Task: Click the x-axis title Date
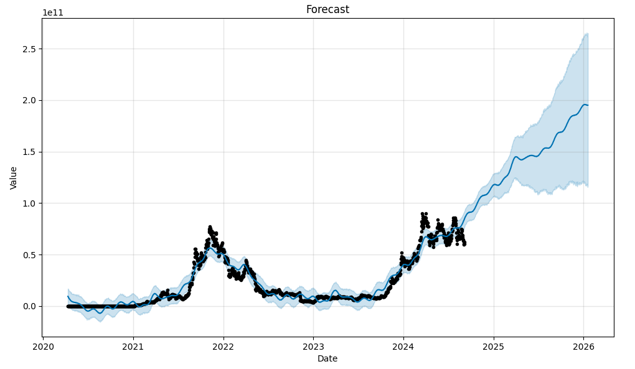[x=327, y=358]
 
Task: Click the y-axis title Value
[x=14, y=177]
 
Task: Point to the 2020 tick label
[x=43, y=347]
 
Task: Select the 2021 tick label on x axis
[x=133, y=347]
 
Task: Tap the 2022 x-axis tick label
[x=223, y=347]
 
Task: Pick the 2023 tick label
[x=313, y=347]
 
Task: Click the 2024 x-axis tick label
[x=403, y=347]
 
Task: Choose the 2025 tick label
[x=494, y=347]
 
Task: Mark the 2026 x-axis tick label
[x=583, y=347]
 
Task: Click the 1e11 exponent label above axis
[x=53, y=12]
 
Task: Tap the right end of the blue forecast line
[x=588, y=105]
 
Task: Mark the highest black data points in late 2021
[x=210, y=227]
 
